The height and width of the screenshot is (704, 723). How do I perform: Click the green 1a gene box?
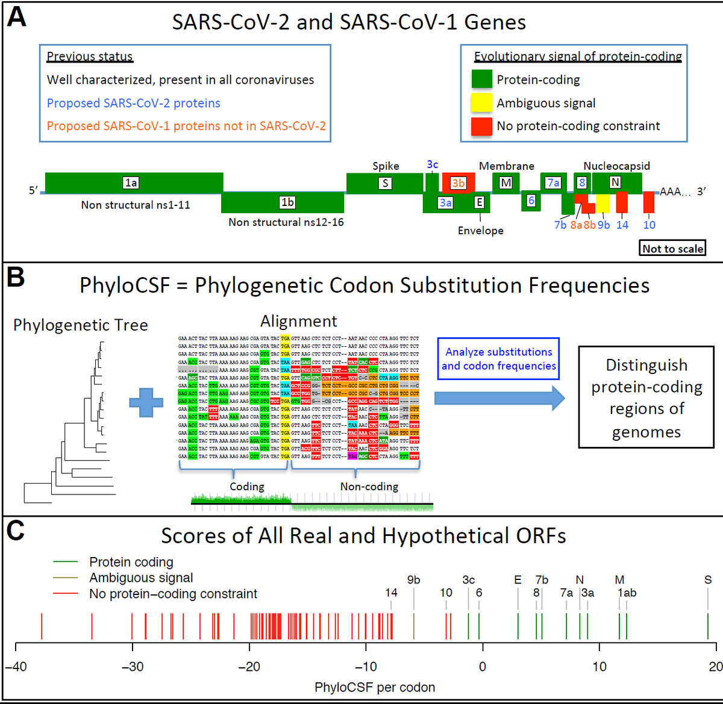[134, 183]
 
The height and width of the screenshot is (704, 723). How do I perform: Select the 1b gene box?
[283, 202]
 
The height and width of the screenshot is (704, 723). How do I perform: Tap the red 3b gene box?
[459, 183]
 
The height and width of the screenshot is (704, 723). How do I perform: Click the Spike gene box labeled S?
[384, 183]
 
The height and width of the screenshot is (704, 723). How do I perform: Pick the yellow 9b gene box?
[603, 204]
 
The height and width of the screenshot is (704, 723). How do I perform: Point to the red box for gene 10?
[649, 202]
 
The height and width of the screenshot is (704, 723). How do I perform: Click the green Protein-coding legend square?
[481, 79]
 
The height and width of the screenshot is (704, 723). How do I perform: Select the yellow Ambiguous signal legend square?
[481, 103]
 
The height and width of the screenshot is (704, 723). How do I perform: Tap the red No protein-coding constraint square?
[481, 126]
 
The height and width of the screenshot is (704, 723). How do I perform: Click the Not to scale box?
[672, 249]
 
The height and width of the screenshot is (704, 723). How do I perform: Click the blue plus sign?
[146, 402]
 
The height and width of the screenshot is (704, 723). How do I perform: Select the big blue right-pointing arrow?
[499, 398]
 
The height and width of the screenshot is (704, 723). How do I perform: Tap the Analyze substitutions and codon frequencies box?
[498, 359]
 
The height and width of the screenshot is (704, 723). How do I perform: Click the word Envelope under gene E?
[480, 231]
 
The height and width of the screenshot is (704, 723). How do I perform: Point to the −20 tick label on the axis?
[249, 667]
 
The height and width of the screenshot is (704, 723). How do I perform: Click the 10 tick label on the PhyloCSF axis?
[599, 667]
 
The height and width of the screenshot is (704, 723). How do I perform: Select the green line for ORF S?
[708, 626]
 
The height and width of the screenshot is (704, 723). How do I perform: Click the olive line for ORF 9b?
[414, 626]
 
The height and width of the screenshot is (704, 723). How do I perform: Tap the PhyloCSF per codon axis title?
[375, 687]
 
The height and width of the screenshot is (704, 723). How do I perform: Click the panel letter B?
[16, 278]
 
